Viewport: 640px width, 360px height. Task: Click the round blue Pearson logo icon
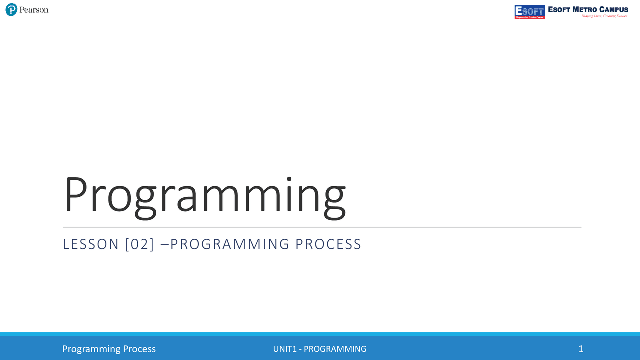11,10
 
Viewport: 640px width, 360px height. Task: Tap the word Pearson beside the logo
34,10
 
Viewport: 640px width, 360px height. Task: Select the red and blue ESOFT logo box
529,12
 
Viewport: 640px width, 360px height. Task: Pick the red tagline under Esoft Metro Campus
604,16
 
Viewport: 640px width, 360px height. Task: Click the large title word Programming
204,194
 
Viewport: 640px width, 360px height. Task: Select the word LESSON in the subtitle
91,244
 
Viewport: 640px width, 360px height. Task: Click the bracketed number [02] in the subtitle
140,244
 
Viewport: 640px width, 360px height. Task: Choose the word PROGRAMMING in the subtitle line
230,244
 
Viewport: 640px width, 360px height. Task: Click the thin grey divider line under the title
322,228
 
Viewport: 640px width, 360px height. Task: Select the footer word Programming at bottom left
91,349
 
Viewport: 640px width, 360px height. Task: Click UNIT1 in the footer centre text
285,349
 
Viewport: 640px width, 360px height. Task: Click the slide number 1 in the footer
581,349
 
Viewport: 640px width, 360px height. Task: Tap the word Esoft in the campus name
559,9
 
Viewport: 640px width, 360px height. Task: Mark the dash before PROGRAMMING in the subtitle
165,244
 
